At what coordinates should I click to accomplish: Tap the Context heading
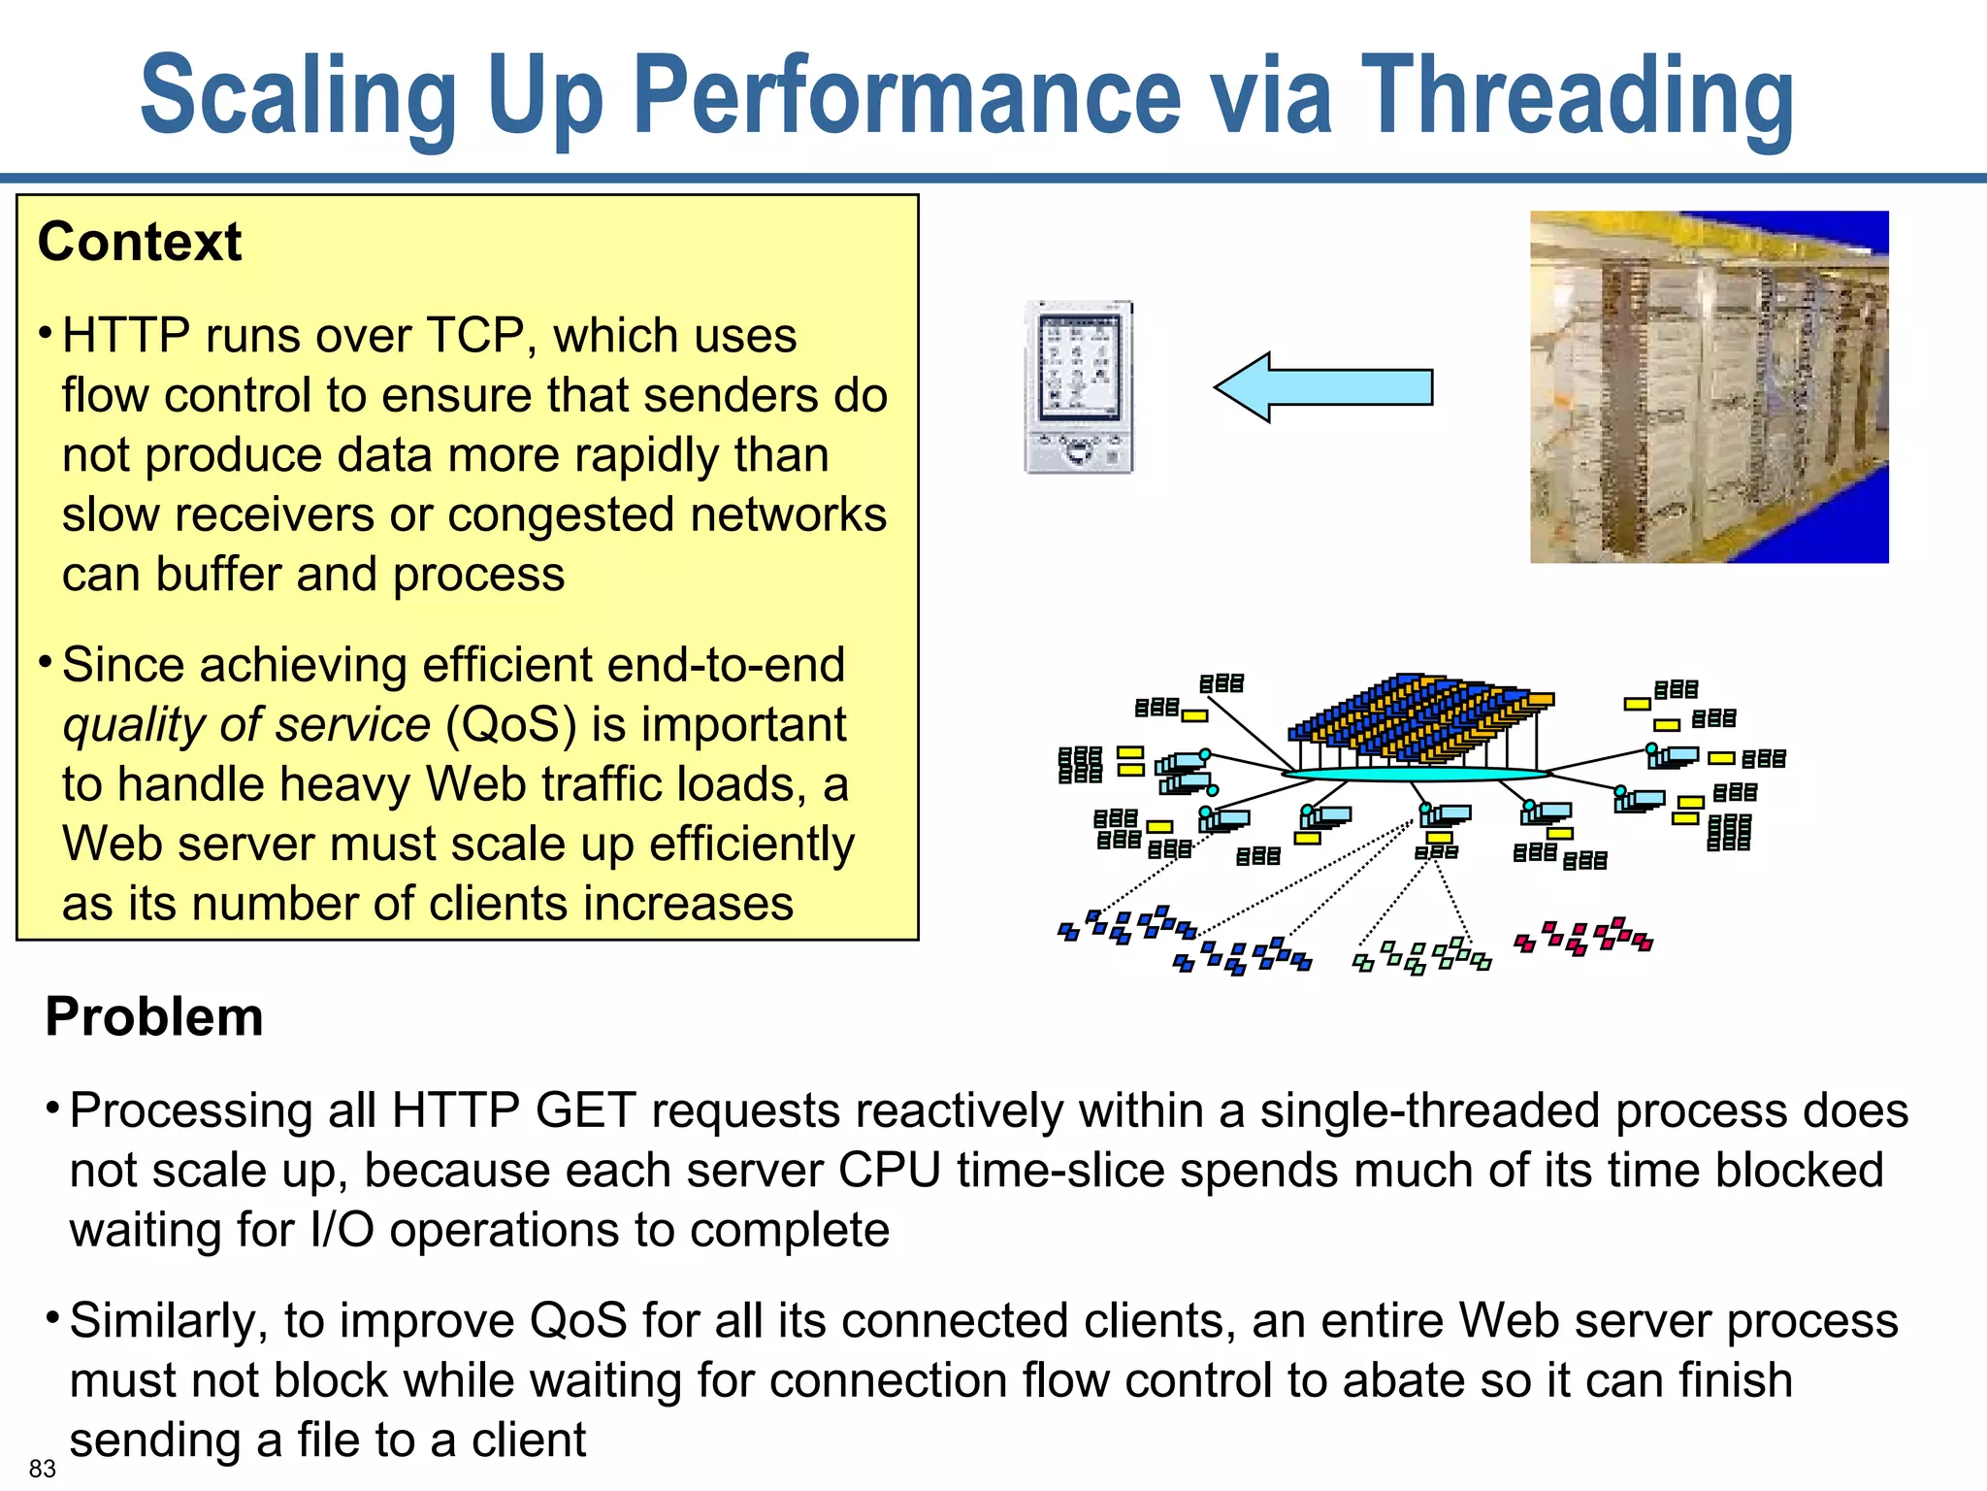[139, 242]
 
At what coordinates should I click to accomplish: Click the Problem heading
[154, 1016]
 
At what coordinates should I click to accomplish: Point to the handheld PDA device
[1080, 387]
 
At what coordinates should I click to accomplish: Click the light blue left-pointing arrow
[1323, 387]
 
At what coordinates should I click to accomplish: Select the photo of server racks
[1709, 387]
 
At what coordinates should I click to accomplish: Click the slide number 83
[42, 1468]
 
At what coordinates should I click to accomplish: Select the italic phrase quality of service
[246, 725]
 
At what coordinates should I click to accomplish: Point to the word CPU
[889, 1171]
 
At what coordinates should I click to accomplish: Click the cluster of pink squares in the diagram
[1583, 936]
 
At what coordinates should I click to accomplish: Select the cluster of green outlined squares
[1422, 955]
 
